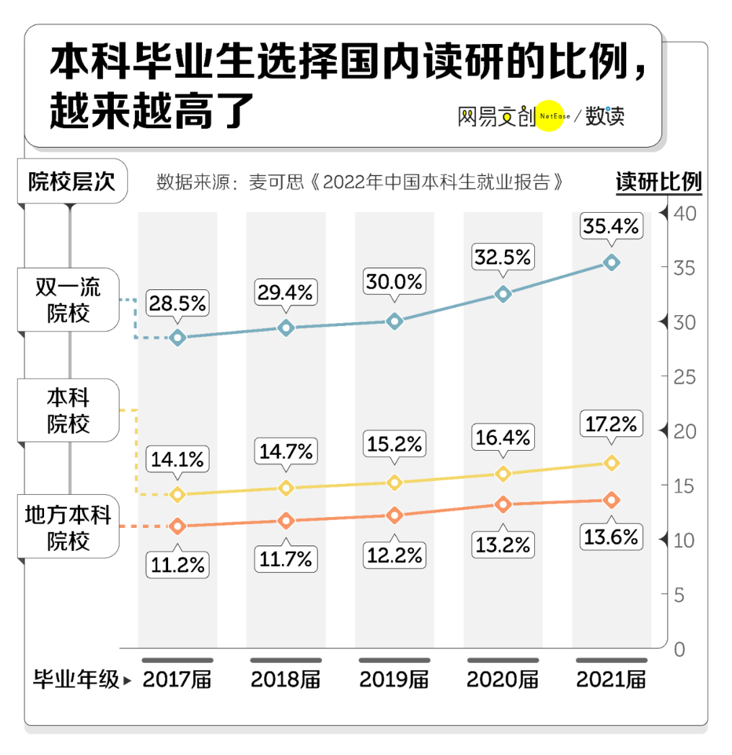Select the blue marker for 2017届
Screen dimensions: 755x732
coord(178,338)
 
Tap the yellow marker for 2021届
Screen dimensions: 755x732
coord(611,463)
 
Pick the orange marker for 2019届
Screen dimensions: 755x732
coord(394,516)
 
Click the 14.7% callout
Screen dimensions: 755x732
coord(285,450)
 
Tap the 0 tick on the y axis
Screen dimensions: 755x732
coord(680,649)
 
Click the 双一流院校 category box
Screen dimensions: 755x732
coord(68,301)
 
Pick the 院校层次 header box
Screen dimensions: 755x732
coord(71,182)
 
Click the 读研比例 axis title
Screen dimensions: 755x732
coord(658,182)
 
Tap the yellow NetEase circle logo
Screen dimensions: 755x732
coord(550,117)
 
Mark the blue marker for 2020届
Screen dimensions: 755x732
coord(503,293)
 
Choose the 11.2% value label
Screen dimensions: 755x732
coord(178,565)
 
